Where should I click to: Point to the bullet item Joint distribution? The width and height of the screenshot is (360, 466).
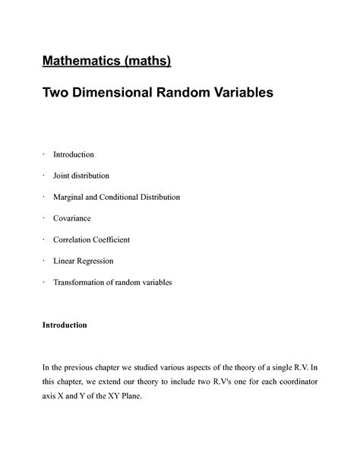(x=81, y=176)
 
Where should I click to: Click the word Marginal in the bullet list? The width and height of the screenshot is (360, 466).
(x=70, y=197)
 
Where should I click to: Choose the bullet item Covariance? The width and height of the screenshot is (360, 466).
(x=71, y=218)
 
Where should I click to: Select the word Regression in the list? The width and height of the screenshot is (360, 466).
(x=93, y=261)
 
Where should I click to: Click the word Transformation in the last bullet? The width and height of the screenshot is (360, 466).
(x=82, y=282)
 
